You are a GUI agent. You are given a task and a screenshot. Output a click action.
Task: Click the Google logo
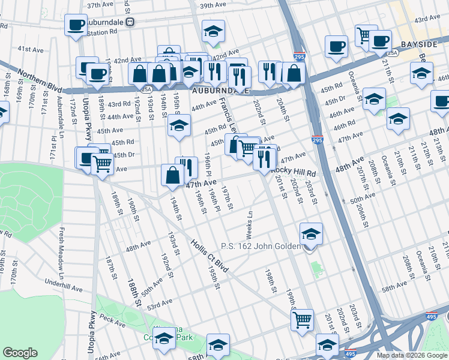coord(20,352)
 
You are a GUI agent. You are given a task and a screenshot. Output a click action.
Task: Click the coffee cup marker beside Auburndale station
coord(76,25)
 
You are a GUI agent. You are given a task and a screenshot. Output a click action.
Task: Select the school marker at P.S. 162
coord(311,234)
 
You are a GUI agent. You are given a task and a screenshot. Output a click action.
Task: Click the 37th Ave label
coord(100,4)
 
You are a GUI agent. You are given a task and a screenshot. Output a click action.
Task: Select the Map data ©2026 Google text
coord(412,355)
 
